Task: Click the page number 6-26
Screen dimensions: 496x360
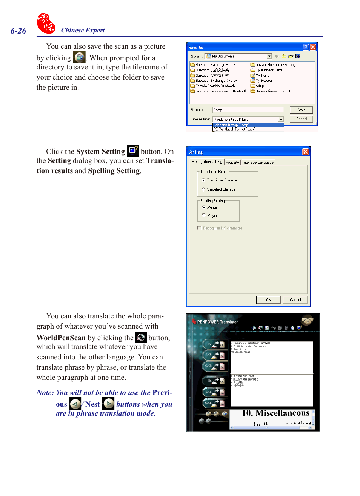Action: point(18,31)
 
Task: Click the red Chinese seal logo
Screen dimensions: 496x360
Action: point(46,23)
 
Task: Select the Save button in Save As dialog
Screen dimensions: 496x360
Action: point(301,110)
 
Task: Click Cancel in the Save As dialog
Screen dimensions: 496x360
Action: point(301,119)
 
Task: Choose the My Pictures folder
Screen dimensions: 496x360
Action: point(264,81)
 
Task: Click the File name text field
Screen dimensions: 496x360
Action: point(248,110)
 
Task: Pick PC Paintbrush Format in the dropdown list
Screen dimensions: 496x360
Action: point(234,129)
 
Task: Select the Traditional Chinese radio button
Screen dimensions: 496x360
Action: point(203,180)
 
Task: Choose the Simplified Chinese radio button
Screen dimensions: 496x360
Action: point(203,189)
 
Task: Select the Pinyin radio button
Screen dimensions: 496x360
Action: point(204,215)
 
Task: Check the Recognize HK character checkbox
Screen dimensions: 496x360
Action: point(199,228)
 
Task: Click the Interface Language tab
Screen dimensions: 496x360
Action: point(258,162)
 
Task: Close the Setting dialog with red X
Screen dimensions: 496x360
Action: point(306,152)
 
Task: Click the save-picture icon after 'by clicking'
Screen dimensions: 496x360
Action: point(79,57)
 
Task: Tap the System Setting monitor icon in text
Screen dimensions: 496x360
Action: point(133,151)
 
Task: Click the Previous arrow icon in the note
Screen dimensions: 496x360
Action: point(75,404)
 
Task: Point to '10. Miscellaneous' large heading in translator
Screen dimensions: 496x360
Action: point(275,413)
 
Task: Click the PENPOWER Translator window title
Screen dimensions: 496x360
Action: point(217,322)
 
